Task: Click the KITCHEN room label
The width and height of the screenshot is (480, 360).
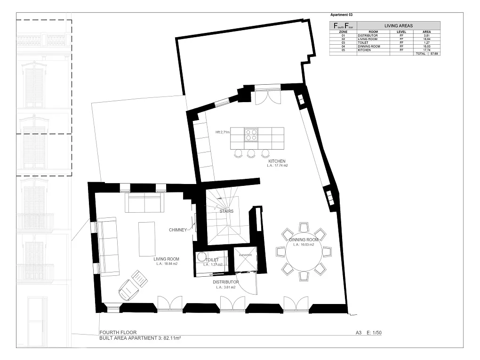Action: click(x=277, y=161)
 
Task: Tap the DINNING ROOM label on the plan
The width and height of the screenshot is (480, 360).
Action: click(x=304, y=240)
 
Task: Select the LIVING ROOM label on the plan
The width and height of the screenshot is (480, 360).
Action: click(x=167, y=259)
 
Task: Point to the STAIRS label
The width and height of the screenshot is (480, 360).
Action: click(x=226, y=211)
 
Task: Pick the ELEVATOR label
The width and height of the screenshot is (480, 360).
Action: click(x=246, y=255)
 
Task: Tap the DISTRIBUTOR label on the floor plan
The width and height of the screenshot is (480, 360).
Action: click(x=225, y=282)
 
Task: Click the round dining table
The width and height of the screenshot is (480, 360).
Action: click(x=304, y=255)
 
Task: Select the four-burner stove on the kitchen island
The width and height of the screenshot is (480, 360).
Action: click(x=251, y=135)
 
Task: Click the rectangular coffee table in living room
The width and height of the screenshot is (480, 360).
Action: click(x=146, y=239)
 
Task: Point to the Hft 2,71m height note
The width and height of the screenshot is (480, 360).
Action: click(x=222, y=132)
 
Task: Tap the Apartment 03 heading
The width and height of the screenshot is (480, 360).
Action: click(x=342, y=15)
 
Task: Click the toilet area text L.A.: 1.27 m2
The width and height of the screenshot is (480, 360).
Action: click(x=213, y=264)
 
